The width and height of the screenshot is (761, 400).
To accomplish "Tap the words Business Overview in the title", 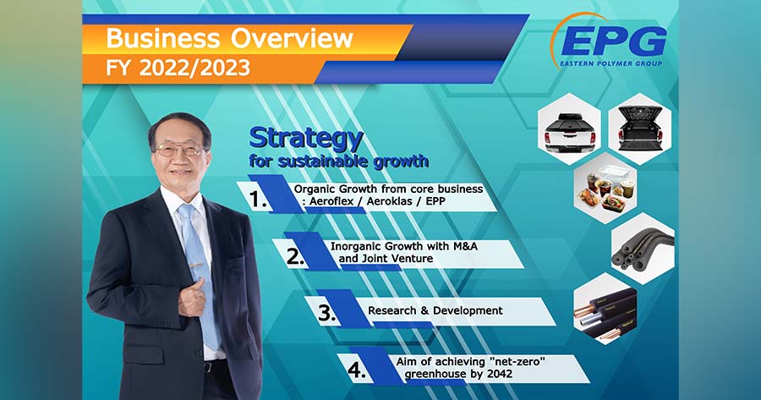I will [229, 38].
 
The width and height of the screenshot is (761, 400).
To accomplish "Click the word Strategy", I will [306, 138].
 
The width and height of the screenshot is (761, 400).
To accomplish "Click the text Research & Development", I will [435, 310].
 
